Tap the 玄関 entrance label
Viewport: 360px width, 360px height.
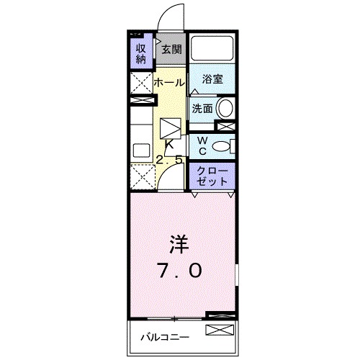pyautogui.click(x=171, y=50)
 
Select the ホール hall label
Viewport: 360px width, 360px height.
pyautogui.click(x=169, y=82)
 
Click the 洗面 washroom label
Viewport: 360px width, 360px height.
pyautogui.click(x=202, y=109)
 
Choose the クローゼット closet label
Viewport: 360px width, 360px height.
pyautogui.click(x=212, y=176)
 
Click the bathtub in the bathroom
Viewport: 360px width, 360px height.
pyautogui.click(x=212, y=49)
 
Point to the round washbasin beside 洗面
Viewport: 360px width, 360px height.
pyautogui.click(x=225, y=109)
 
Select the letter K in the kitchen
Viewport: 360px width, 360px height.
pyautogui.click(x=169, y=144)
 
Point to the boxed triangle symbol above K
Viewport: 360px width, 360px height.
pyautogui.click(x=171, y=128)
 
